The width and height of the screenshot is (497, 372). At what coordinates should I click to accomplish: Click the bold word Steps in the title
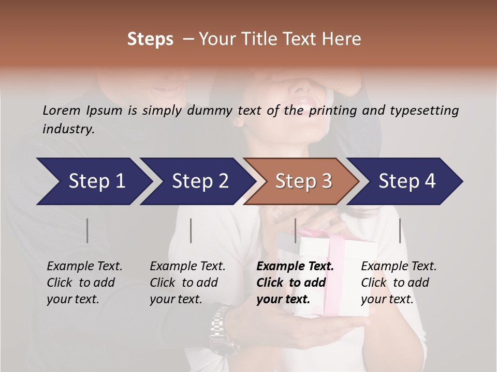pos(150,39)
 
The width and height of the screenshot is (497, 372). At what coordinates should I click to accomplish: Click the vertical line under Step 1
pos(87,230)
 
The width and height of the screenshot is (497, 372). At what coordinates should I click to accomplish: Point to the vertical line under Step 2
pos(191,230)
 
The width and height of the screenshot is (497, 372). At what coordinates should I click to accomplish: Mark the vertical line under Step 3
pos(295,230)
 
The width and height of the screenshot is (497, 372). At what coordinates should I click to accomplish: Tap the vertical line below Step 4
pos(400,230)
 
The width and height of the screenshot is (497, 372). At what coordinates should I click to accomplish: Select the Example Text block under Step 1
pos(84,283)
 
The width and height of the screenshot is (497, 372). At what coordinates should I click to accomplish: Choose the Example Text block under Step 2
pos(187,283)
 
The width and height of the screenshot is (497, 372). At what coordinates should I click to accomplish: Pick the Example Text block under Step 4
pos(399,283)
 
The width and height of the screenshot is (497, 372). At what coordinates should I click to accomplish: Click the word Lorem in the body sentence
pos(61,110)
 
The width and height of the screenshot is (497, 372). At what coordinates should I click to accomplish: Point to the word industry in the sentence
pos(68,129)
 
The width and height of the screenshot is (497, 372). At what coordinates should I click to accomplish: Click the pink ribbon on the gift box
pos(337,243)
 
